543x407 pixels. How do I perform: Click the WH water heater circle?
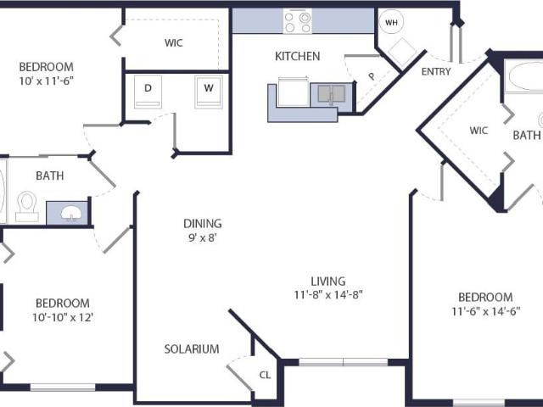pyautogui.click(x=392, y=23)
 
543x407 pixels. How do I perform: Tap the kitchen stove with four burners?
pyautogui.click(x=298, y=21)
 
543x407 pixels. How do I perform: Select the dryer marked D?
pyautogui.click(x=148, y=92)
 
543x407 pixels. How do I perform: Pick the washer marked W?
pyautogui.click(x=209, y=92)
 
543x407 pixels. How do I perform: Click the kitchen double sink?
pyautogui.click(x=332, y=94)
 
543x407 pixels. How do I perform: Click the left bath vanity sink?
pyautogui.click(x=71, y=213)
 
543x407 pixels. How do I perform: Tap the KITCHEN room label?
pyautogui.click(x=298, y=57)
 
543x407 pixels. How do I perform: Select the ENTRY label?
pyautogui.click(x=436, y=71)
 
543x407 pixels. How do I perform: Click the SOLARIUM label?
pyautogui.click(x=192, y=348)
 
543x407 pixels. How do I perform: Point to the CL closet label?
pyautogui.click(x=265, y=375)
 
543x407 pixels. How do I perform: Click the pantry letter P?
pyautogui.click(x=372, y=76)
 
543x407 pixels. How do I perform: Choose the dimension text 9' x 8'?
pyautogui.click(x=203, y=238)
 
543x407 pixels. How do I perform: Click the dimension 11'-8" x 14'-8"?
pyautogui.click(x=328, y=295)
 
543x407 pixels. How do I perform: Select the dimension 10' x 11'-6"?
pyautogui.click(x=47, y=81)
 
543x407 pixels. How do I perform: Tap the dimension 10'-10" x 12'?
pyautogui.click(x=63, y=317)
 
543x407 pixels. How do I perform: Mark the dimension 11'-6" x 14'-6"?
pyautogui.click(x=485, y=311)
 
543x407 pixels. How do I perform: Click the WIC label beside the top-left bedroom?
pyautogui.click(x=173, y=43)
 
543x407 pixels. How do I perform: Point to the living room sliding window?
pyautogui.click(x=343, y=362)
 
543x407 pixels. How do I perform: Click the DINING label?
pyautogui.click(x=203, y=224)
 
